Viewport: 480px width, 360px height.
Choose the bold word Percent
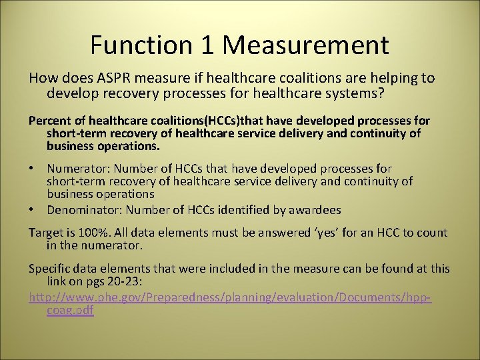(x=48, y=121)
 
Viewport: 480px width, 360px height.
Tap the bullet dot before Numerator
(x=32, y=169)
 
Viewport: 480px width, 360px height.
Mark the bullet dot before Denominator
(x=32, y=210)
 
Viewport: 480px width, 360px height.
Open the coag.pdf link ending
(x=70, y=311)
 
